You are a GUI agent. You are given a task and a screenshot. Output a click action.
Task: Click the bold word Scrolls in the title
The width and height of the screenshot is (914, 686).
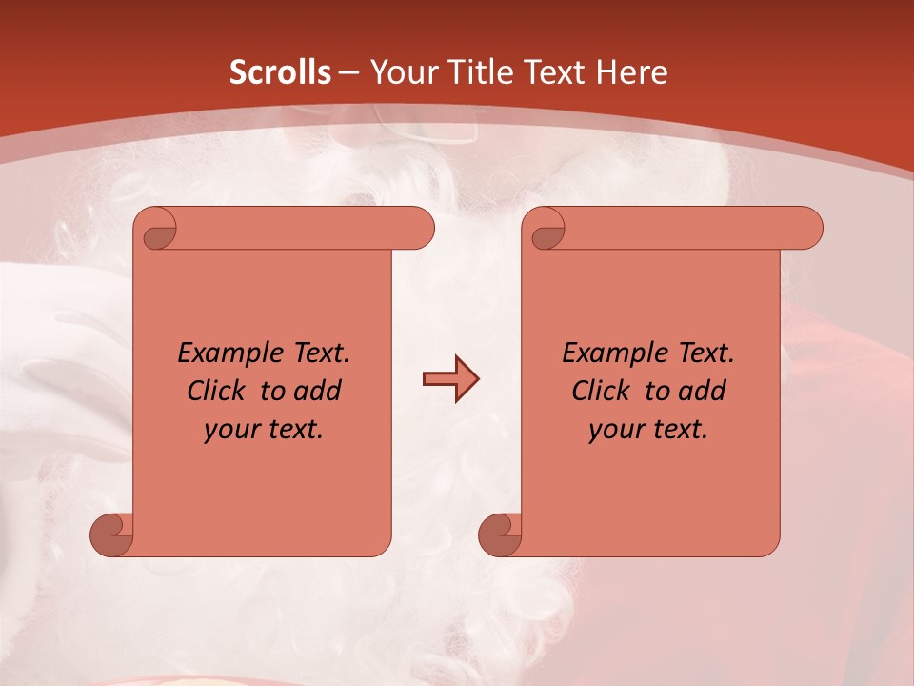tap(280, 72)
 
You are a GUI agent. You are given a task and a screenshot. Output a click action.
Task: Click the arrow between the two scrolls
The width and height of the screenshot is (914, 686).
tap(450, 378)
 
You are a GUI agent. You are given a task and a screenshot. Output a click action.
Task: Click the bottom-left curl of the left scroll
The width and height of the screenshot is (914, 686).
tap(112, 534)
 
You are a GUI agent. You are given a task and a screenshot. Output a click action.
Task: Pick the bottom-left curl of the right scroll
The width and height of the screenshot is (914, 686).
tap(500, 534)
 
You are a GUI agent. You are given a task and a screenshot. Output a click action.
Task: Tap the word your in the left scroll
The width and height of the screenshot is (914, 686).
tap(231, 430)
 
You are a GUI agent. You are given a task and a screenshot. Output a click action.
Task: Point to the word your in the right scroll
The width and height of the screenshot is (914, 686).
tap(616, 430)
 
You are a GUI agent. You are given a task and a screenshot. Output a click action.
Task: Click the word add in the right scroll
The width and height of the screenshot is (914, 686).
tap(704, 391)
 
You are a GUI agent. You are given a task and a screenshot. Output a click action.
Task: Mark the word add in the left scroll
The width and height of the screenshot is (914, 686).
tap(319, 391)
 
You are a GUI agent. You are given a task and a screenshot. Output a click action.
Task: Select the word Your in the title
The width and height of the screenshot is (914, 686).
tap(400, 72)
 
